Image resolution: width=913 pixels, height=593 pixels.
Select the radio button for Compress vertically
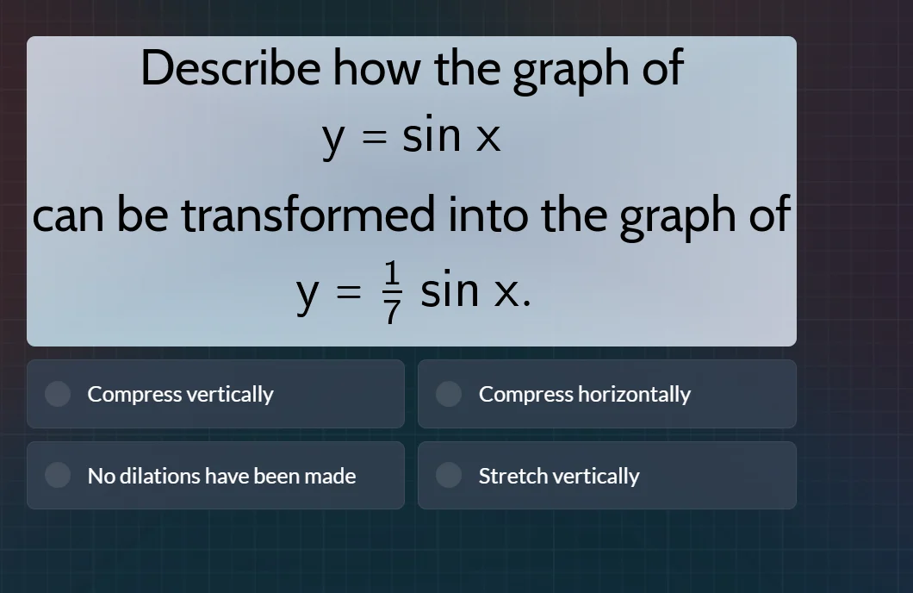point(58,394)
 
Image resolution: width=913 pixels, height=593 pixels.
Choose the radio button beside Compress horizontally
point(449,394)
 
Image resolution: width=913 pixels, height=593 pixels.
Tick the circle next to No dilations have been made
point(58,475)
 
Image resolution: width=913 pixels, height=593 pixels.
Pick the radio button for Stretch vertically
point(449,475)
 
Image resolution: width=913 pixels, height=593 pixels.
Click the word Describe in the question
point(230,67)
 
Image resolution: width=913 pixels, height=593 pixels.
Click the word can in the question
point(69,215)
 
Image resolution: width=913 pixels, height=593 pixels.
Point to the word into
point(487,215)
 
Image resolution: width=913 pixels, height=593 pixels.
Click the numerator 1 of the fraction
point(392,273)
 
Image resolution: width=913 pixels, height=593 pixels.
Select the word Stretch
point(512,476)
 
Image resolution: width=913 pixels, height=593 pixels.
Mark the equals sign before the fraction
point(343,295)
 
